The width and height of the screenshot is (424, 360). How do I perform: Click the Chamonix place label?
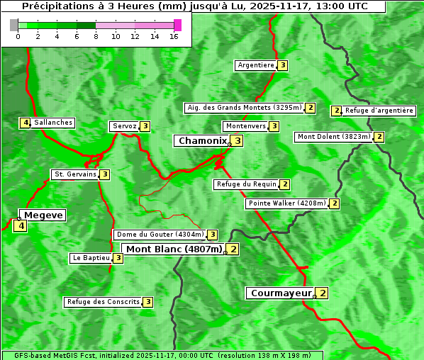tap(202, 141)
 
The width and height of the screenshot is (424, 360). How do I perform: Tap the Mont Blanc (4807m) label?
tap(174, 249)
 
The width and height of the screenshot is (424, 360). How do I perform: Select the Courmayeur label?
tap(281, 293)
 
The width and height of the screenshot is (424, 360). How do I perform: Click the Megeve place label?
tap(43, 215)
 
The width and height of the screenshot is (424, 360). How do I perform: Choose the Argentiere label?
tap(256, 65)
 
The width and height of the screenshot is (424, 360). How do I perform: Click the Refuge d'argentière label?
tap(379, 111)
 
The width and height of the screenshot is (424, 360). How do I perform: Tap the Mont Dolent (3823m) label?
tap(333, 137)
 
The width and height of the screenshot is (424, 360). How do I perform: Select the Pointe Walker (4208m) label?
tap(286, 203)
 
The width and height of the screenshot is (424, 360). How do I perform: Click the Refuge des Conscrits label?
tap(103, 302)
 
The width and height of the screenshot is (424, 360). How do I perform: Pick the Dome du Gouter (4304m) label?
tap(160, 235)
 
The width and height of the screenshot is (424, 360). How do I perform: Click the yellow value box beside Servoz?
tap(145, 126)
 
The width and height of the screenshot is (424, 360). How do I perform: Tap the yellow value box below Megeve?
tap(20, 227)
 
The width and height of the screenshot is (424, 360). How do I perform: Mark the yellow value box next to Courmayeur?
tap(323, 293)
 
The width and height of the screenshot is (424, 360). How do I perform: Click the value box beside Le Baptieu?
tap(118, 258)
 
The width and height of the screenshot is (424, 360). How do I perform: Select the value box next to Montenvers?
tap(274, 126)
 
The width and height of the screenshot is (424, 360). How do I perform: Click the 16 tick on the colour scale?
tap(174, 36)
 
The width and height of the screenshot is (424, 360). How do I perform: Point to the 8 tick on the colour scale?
tap(96, 36)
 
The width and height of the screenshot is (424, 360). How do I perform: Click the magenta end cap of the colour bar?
tap(177, 25)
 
